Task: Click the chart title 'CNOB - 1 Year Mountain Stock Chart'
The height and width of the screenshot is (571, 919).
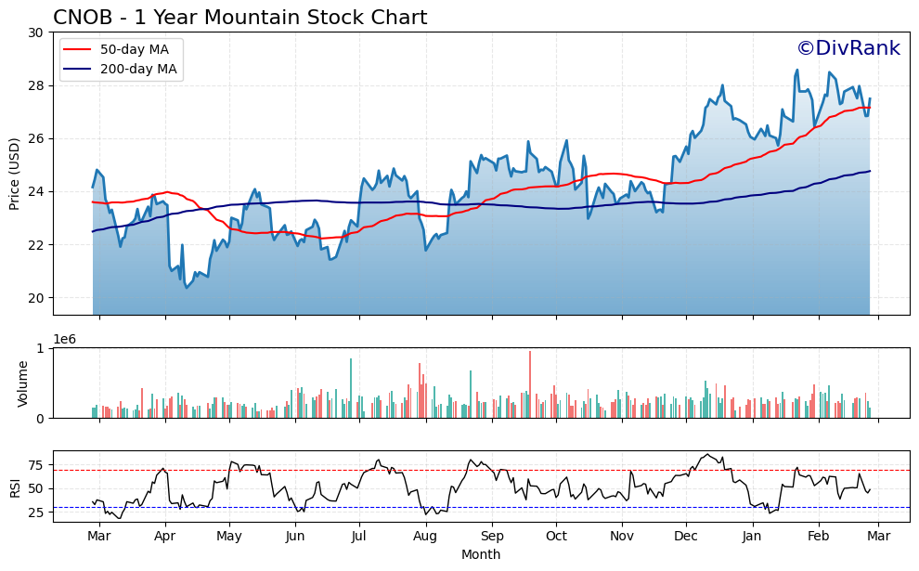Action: [x=239, y=18]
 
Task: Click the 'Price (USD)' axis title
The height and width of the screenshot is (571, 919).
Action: [x=15, y=174]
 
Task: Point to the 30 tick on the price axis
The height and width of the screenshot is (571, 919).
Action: [x=36, y=32]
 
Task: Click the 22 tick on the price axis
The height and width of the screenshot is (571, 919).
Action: [x=36, y=245]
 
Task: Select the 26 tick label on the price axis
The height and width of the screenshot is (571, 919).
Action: [x=36, y=138]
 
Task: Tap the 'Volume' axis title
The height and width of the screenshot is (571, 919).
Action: [x=23, y=383]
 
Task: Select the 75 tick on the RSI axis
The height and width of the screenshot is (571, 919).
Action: [x=36, y=465]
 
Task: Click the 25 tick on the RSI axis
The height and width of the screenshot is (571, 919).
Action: [x=36, y=513]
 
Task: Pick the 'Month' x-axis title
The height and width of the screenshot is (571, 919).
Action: [x=481, y=554]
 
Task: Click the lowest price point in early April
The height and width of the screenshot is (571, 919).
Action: [x=187, y=287]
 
